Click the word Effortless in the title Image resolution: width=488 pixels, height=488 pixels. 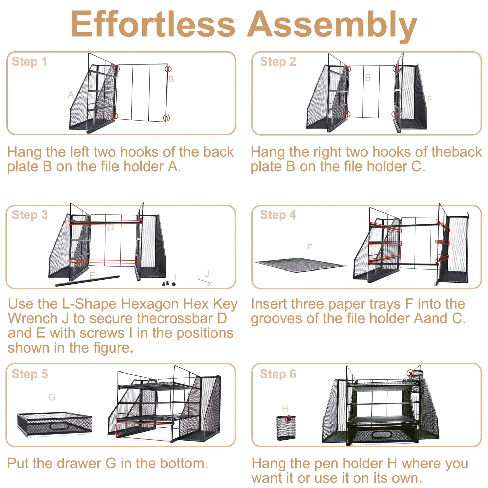coord(153,24)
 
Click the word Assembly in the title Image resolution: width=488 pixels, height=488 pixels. coord(333,27)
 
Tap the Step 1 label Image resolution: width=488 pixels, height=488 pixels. coord(30,62)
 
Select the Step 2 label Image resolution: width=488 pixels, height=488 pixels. coord(278,62)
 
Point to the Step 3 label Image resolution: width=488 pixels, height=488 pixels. coord(30,215)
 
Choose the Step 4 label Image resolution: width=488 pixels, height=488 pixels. coord(278,215)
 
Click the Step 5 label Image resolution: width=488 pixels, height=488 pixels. coord(30,374)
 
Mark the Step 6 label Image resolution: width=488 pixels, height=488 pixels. coord(278,374)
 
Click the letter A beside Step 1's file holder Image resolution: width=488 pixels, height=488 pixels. coord(71,95)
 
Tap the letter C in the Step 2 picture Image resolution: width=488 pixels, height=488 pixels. coord(429,98)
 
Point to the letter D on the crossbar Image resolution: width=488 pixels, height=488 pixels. coord(111,228)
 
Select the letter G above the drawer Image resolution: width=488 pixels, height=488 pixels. coord(52,397)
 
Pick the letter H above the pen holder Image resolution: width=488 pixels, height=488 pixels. coord(285,409)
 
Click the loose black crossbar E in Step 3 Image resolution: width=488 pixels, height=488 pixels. coord(87,281)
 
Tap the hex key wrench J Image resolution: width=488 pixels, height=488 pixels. coord(204,281)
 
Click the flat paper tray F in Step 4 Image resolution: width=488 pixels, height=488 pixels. coord(300,265)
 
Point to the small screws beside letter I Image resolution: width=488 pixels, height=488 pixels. coord(169,283)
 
